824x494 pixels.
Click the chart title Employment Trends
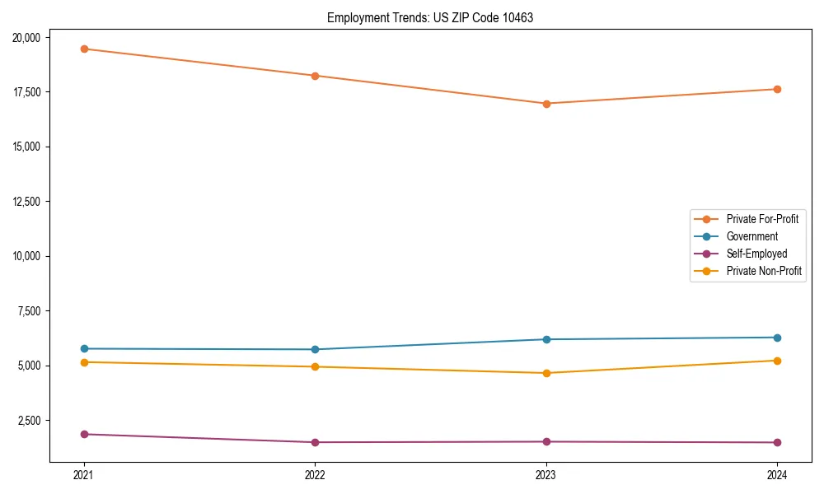(430, 17)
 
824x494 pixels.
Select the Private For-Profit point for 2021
(84, 49)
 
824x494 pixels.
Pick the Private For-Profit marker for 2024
(777, 89)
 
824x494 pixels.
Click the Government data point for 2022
(315, 349)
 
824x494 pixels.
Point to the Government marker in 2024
(777, 338)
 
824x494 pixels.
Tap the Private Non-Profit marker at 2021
(84, 362)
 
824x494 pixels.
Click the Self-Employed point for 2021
(84, 434)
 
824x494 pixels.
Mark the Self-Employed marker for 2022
(315, 442)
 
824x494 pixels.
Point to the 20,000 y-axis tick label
(31, 37)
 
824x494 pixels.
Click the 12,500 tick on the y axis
(31, 202)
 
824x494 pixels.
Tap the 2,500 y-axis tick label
(34, 421)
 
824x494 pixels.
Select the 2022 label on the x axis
(315, 474)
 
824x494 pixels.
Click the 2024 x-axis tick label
(777, 474)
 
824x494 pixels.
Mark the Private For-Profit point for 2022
(315, 76)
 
